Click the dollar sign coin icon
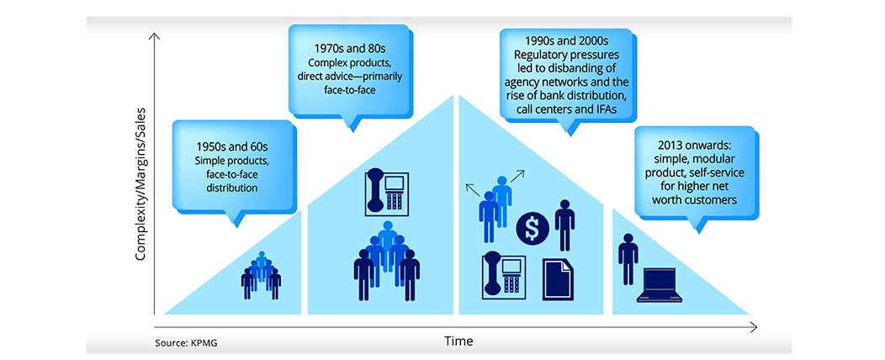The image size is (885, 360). point(532,227)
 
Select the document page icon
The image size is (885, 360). point(559,278)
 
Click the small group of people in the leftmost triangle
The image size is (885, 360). point(262,275)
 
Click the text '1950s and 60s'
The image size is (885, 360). point(236,149)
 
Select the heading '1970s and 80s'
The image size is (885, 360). point(351,49)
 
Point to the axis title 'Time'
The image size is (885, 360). point(458,341)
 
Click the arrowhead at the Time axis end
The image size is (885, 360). point(754,326)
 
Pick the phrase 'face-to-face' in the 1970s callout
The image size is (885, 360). point(351,87)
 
